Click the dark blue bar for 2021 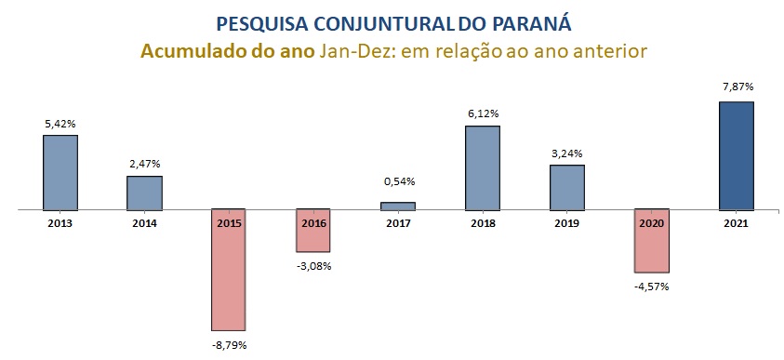click(737, 155)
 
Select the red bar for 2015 click(229, 270)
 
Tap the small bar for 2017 click(398, 206)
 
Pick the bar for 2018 click(483, 167)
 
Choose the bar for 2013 click(60, 172)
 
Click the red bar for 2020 click(652, 241)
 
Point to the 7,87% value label click(737, 87)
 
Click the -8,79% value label click(229, 345)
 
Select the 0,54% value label click(398, 181)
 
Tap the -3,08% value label click(313, 266)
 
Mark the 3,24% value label click(567, 153)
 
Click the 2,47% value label click(144, 164)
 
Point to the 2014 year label click(144, 223)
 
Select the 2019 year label click(567, 223)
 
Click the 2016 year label click(313, 223)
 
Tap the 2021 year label click(736, 223)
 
